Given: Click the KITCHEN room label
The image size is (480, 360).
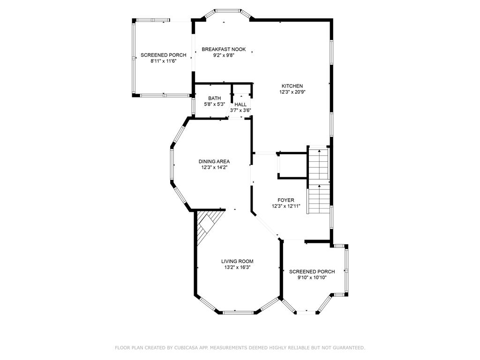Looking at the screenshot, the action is pyautogui.click(x=292, y=86).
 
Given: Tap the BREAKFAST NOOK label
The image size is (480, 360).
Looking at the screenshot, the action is pyautogui.click(x=224, y=49).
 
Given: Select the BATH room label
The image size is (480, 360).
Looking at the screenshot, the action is pyautogui.click(x=214, y=98).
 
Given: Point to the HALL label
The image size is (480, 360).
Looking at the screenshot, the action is pyautogui.click(x=240, y=105).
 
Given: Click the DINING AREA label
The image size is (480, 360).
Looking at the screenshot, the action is pyautogui.click(x=214, y=161).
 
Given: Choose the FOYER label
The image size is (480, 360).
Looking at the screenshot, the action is pyautogui.click(x=286, y=200).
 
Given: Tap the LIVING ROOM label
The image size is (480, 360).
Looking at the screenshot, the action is pyautogui.click(x=237, y=262).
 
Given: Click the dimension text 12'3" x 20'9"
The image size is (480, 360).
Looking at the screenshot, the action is pyautogui.click(x=292, y=92).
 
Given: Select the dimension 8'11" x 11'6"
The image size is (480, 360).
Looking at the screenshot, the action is pyautogui.click(x=163, y=61).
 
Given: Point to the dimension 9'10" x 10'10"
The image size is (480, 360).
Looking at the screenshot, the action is pyautogui.click(x=312, y=277).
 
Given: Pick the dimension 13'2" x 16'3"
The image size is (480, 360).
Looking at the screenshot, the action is pyautogui.click(x=237, y=267).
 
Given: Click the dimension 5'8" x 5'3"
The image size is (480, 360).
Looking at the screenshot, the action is pyautogui.click(x=214, y=104).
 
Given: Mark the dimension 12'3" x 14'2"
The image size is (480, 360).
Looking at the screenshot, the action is pyautogui.click(x=214, y=167).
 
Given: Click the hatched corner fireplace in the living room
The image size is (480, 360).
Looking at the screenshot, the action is pyautogui.click(x=207, y=224).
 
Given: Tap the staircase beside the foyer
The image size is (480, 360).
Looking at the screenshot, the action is pyautogui.click(x=319, y=180).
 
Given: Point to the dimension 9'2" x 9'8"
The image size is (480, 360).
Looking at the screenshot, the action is pyautogui.click(x=224, y=55).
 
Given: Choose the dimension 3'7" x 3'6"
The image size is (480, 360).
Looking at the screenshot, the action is pyautogui.click(x=240, y=110).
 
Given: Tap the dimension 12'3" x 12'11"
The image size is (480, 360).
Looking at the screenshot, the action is pyautogui.click(x=286, y=206).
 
